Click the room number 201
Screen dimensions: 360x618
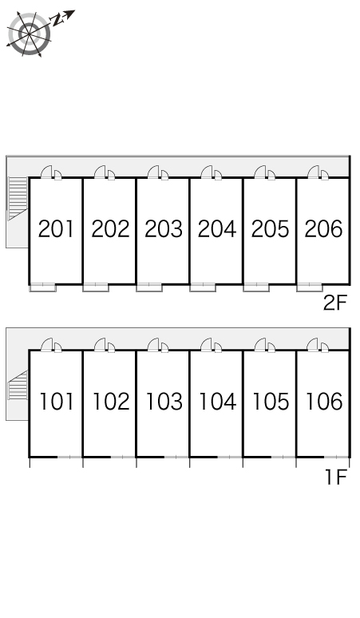point(56,229)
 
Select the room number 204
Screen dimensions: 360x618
point(217,229)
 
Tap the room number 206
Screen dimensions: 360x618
point(324,229)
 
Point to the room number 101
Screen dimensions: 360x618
point(57,402)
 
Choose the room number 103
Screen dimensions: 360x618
point(164,402)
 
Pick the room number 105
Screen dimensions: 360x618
point(271,402)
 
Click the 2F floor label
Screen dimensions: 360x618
point(334,303)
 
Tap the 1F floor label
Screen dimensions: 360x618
point(336,477)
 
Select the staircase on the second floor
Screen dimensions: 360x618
point(18,198)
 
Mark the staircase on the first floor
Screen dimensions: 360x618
point(18,385)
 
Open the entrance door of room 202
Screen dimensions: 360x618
point(100,172)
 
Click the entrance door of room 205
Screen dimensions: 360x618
point(260,172)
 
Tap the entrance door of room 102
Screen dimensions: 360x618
point(100,344)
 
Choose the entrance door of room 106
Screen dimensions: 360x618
point(313,344)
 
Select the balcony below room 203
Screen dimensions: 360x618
point(149,287)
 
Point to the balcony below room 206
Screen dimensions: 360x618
point(310,287)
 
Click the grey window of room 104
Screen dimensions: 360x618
point(230,458)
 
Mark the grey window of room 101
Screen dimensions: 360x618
point(69,458)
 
